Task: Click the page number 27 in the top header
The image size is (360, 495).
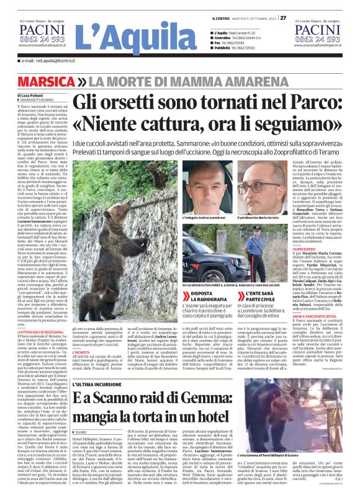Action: [282, 17]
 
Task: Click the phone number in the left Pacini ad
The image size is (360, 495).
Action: [40, 38]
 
